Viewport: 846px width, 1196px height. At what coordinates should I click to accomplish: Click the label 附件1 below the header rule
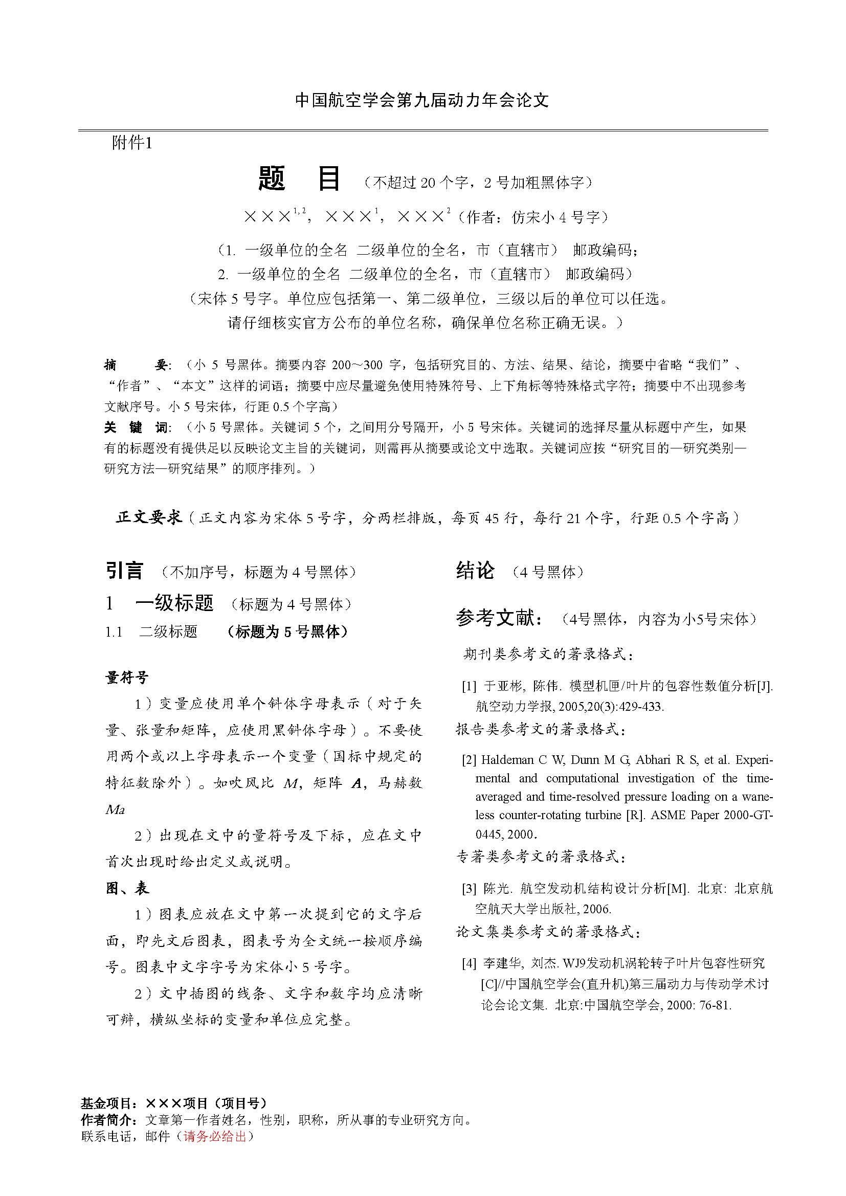[x=132, y=143]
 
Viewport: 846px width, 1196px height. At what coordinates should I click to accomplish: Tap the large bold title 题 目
[x=299, y=179]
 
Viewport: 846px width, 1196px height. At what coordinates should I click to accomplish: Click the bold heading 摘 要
[x=135, y=365]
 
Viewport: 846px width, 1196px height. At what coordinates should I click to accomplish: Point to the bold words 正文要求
[x=149, y=517]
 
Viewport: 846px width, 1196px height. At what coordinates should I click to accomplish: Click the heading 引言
[x=124, y=571]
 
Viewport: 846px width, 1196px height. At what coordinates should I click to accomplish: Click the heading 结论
[x=475, y=571]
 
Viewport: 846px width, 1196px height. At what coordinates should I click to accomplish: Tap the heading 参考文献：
[x=501, y=618]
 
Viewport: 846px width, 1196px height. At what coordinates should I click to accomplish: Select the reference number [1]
[x=469, y=686]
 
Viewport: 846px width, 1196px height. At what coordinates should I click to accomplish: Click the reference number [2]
[x=469, y=760]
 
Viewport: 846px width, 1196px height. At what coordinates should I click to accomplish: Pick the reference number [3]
[x=469, y=889]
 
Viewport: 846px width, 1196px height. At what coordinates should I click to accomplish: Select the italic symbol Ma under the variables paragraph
[x=115, y=809]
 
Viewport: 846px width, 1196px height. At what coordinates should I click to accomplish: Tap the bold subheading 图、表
[x=127, y=888]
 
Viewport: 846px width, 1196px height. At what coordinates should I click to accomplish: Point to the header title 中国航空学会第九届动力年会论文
[x=422, y=100]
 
